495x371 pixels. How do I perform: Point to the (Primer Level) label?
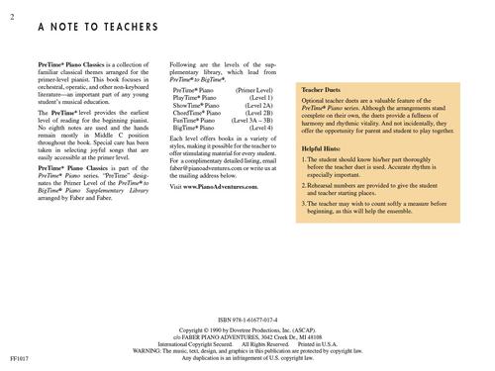pyautogui.click(x=253, y=90)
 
